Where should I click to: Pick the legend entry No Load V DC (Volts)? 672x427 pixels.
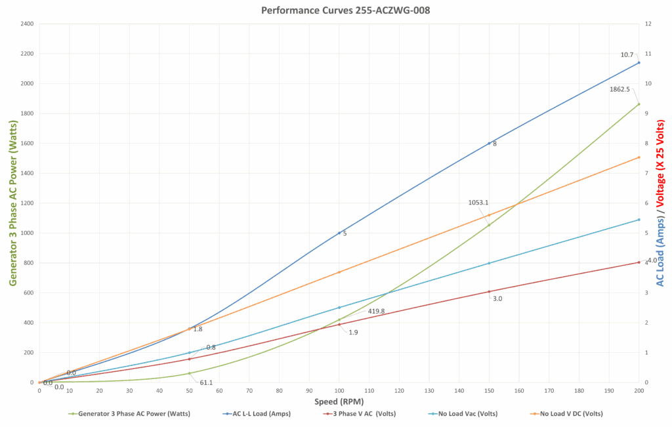pyautogui.click(x=571, y=414)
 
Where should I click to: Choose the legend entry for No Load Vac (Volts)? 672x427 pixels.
pyautogui.click(x=468, y=414)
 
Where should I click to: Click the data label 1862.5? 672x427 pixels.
pyautogui.click(x=619, y=89)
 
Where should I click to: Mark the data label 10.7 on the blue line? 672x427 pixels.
pyautogui.click(x=627, y=54)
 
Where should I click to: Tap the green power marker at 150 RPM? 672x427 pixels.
pyautogui.click(x=489, y=225)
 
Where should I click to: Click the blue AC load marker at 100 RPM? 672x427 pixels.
pyautogui.click(x=339, y=233)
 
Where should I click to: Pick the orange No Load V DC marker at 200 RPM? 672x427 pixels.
pyautogui.click(x=639, y=157)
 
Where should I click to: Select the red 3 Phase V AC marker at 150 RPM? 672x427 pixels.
pyautogui.click(x=489, y=292)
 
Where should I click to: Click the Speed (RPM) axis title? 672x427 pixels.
pyautogui.click(x=339, y=401)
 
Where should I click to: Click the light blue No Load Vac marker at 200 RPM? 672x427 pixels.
pyautogui.click(x=639, y=220)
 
